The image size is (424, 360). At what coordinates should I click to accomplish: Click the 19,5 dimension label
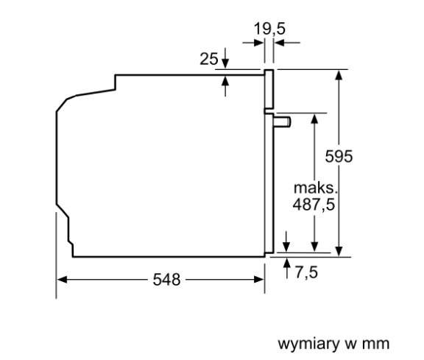point(269,29)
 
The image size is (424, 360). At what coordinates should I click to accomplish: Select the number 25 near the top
point(208,59)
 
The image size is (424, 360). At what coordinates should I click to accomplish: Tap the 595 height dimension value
point(339,156)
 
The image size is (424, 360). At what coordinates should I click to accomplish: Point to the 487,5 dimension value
point(314,204)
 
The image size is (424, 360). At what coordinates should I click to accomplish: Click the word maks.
point(316,188)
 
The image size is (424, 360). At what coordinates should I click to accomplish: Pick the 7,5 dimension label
point(306,272)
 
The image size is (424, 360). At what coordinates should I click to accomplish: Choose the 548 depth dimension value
point(166,280)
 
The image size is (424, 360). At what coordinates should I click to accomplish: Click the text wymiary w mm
point(333,344)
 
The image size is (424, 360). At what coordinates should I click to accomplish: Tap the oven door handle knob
point(282,121)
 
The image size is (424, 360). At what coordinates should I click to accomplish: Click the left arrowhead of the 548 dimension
point(62,280)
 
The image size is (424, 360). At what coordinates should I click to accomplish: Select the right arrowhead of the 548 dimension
point(259,280)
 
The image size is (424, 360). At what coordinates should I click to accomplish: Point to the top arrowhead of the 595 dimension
point(339,74)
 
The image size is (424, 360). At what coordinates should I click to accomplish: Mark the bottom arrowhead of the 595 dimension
point(339,251)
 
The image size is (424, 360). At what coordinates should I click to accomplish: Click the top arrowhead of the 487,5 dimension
point(314,119)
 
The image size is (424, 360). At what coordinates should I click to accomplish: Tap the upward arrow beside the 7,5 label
point(287,268)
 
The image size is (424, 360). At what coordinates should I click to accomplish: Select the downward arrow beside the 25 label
point(225,58)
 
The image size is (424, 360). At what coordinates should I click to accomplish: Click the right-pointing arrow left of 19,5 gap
point(253,43)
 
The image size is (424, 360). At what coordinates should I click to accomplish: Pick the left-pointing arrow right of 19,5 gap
point(287,43)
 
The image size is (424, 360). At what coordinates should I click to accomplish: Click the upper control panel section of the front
point(269,89)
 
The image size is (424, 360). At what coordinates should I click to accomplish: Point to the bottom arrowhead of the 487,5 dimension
point(314,247)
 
